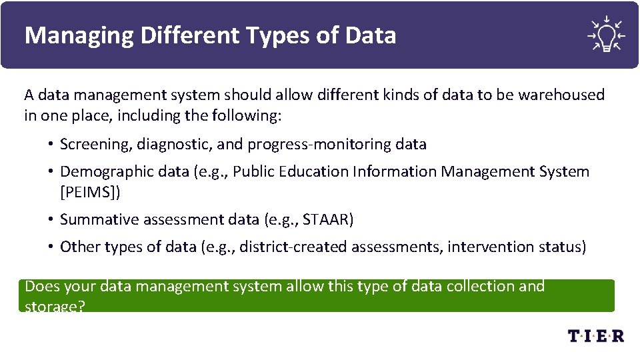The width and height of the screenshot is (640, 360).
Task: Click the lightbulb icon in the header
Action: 605,34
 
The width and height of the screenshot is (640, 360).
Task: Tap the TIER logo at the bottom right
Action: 596,335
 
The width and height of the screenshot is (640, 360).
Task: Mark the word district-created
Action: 293,247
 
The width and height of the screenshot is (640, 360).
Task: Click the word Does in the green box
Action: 41,287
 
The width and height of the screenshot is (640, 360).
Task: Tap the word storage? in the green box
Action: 55,307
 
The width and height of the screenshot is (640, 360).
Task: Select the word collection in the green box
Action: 479,287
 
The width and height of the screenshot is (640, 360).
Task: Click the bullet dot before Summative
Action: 51,219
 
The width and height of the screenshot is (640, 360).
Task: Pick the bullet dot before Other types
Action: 51,247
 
